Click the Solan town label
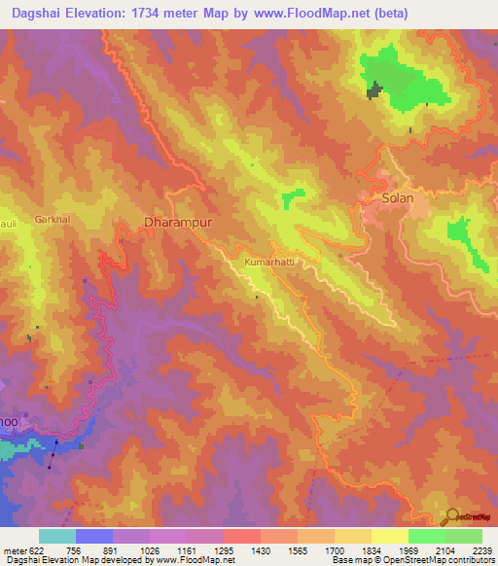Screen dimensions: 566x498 (x=397, y=198)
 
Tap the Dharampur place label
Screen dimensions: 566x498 (x=177, y=223)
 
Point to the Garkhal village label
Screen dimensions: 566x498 (x=53, y=220)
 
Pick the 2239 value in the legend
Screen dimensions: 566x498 (x=480, y=550)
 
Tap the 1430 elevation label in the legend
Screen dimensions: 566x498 (x=261, y=550)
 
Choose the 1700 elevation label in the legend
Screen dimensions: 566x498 (x=334, y=550)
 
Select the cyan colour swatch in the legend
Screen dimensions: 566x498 (x=57, y=536)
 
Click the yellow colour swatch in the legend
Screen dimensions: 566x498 (x=389, y=536)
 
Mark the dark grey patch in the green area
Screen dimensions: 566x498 (x=373, y=90)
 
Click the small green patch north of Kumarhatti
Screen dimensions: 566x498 (x=291, y=199)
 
